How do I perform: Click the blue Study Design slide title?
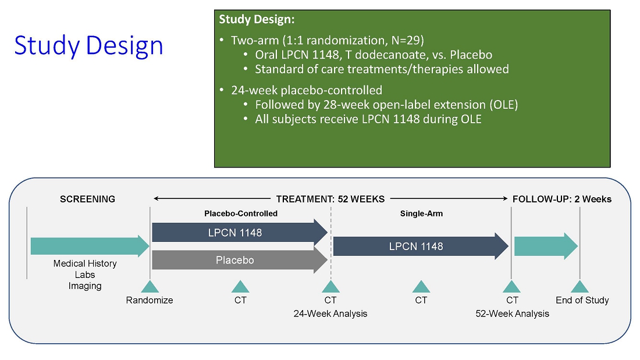coord(88,45)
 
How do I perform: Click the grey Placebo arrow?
coord(239,260)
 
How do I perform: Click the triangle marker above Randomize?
coord(150,287)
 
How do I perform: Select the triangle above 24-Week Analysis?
coord(330,287)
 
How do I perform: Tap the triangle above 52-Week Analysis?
coord(511,287)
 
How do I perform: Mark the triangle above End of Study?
coord(579,287)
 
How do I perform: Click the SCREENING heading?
coord(87,199)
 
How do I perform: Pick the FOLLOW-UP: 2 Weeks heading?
coord(562,199)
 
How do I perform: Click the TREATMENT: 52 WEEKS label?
coord(330,199)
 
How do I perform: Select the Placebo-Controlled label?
coord(241,213)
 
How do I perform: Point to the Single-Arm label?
coord(421,213)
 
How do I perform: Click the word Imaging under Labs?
coord(85,286)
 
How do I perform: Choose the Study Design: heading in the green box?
coord(257,19)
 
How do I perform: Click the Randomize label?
coord(150,300)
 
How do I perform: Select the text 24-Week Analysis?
coord(330,313)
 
